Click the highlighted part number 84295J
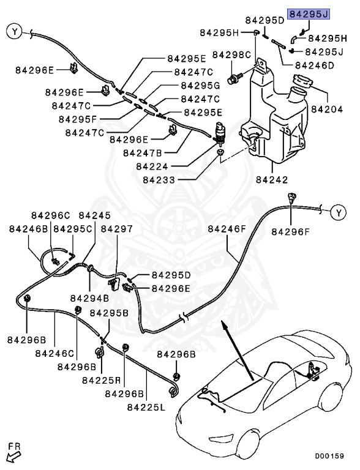[309, 13]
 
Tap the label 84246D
[314, 65]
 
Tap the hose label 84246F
[227, 229]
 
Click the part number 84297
[116, 229]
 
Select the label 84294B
[89, 299]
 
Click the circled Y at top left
[15, 31]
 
